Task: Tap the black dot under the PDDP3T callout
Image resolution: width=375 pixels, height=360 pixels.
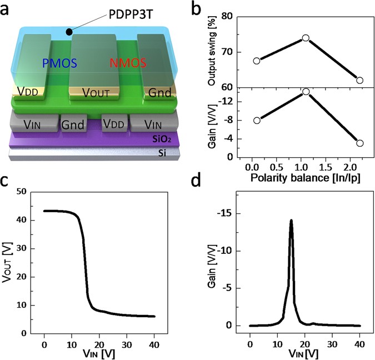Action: pos(68,32)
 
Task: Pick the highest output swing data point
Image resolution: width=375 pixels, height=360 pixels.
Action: pos(306,38)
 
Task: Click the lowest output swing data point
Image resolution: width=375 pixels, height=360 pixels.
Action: pos(359,80)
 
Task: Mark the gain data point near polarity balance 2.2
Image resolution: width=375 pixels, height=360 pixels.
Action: pos(359,143)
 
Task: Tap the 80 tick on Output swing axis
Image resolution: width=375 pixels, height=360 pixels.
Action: pos(226,16)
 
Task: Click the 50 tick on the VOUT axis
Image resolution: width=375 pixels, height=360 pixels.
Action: pos(22,192)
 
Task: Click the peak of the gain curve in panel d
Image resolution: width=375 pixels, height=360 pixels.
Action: pos(291,221)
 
